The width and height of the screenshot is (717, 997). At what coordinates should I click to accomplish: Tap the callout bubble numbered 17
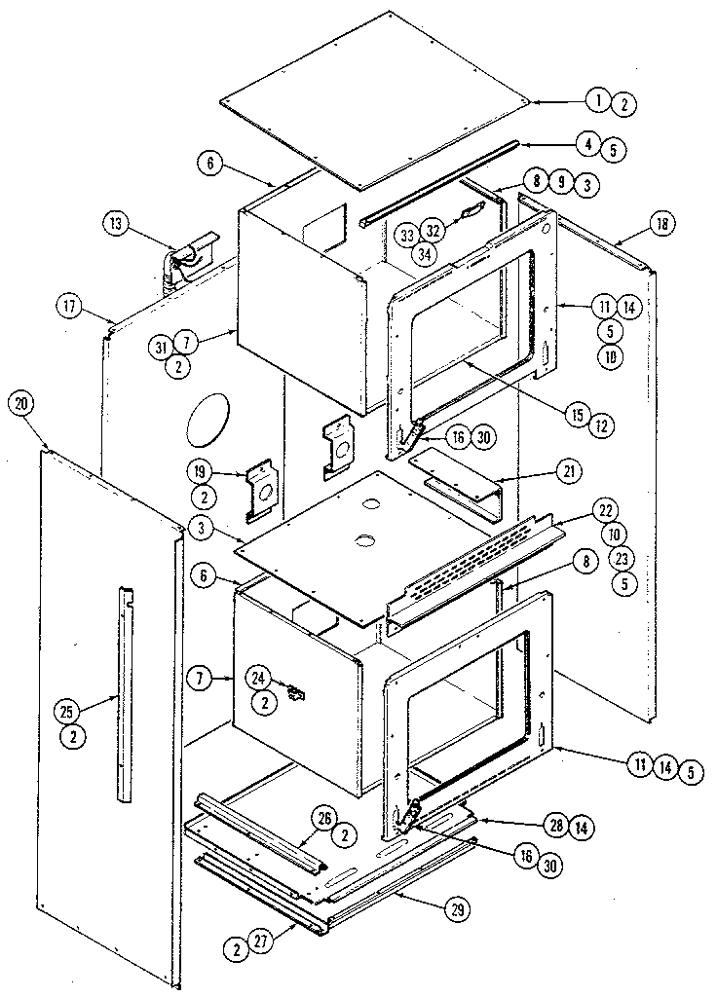(68, 306)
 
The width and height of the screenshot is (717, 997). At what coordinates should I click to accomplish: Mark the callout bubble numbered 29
(454, 911)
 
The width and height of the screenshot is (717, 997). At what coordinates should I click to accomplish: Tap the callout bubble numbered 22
(606, 511)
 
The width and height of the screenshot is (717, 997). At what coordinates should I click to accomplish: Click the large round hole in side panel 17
(208, 421)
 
